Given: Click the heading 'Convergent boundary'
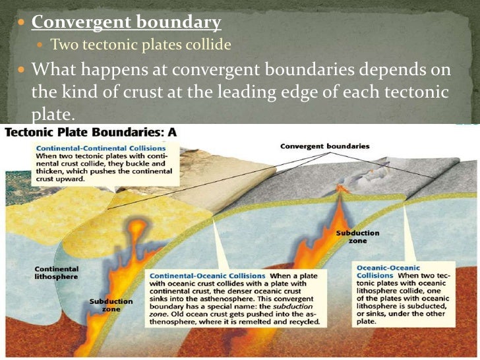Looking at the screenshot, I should coord(126,22).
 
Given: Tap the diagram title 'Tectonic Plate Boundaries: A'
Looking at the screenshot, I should coord(91,132).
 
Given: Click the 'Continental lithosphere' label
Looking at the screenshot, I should coord(56,272).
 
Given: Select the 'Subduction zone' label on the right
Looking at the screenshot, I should coord(357,237).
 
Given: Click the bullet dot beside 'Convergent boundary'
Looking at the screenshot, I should coord(22,23).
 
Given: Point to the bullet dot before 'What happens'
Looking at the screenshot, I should coord(22,69).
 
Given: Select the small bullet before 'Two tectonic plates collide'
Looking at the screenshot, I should coord(42,45).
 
